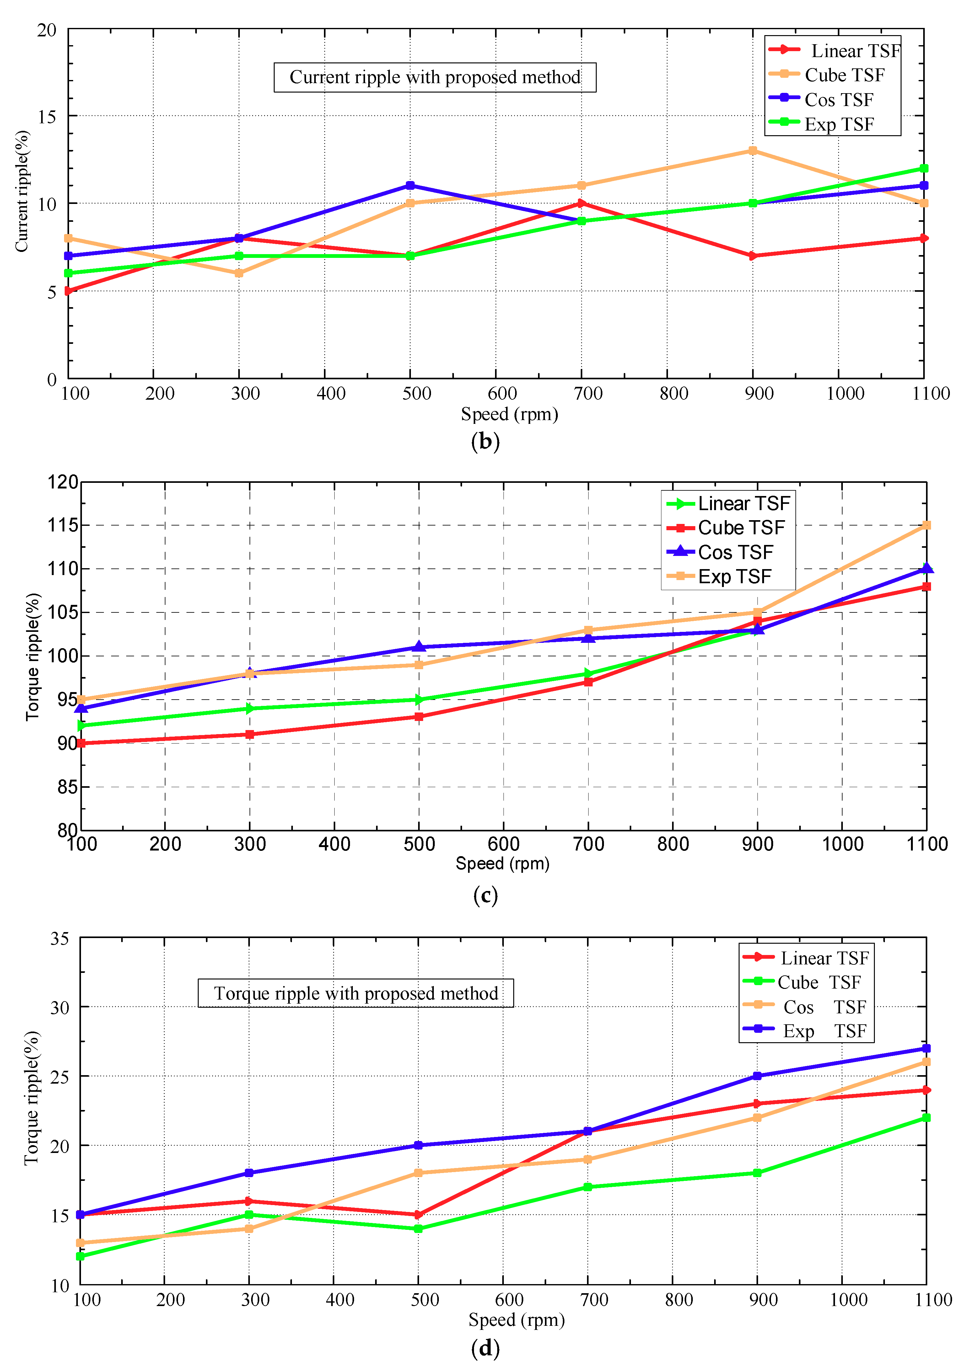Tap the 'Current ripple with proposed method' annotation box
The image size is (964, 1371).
435,77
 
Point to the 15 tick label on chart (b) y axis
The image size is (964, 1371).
46,116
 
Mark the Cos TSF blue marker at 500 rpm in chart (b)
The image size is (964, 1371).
410,186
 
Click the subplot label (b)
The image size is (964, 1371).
485,441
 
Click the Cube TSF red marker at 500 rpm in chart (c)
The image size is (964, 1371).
419,717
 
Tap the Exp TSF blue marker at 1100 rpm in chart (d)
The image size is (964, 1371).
926,1048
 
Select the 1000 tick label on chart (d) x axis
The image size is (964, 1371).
848,1300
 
